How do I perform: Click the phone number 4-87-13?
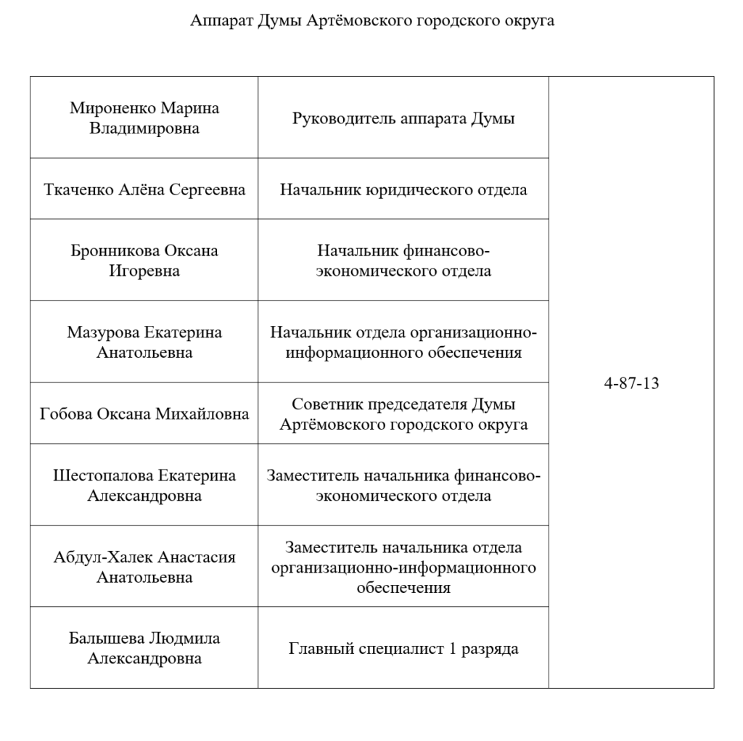(x=631, y=383)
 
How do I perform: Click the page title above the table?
(x=372, y=21)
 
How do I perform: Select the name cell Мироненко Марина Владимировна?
(x=144, y=118)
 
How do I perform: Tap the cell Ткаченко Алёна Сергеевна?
(x=144, y=190)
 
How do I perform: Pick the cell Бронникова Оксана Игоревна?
(x=144, y=261)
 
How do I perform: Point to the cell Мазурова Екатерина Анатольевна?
(x=144, y=343)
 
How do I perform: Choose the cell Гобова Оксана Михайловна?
(x=144, y=414)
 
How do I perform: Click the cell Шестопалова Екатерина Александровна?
(x=144, y=486)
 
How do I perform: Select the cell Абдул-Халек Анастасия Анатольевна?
(x=144, y=567)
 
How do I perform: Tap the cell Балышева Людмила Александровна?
(x=144, y=648)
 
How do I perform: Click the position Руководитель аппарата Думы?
(x=403, y=118)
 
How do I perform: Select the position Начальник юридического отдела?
(x=403, y=190)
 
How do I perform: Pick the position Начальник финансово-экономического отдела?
(x=403, y=261)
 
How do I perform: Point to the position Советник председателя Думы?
(x=403, y=414)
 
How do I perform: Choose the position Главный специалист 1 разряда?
(x=403, y=648)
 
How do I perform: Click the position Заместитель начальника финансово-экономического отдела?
(x=403, y=486)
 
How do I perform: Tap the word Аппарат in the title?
(x=221, y=21)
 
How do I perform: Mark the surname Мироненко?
(x=113, y=108)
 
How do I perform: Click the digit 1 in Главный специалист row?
(x=453, y=648)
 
